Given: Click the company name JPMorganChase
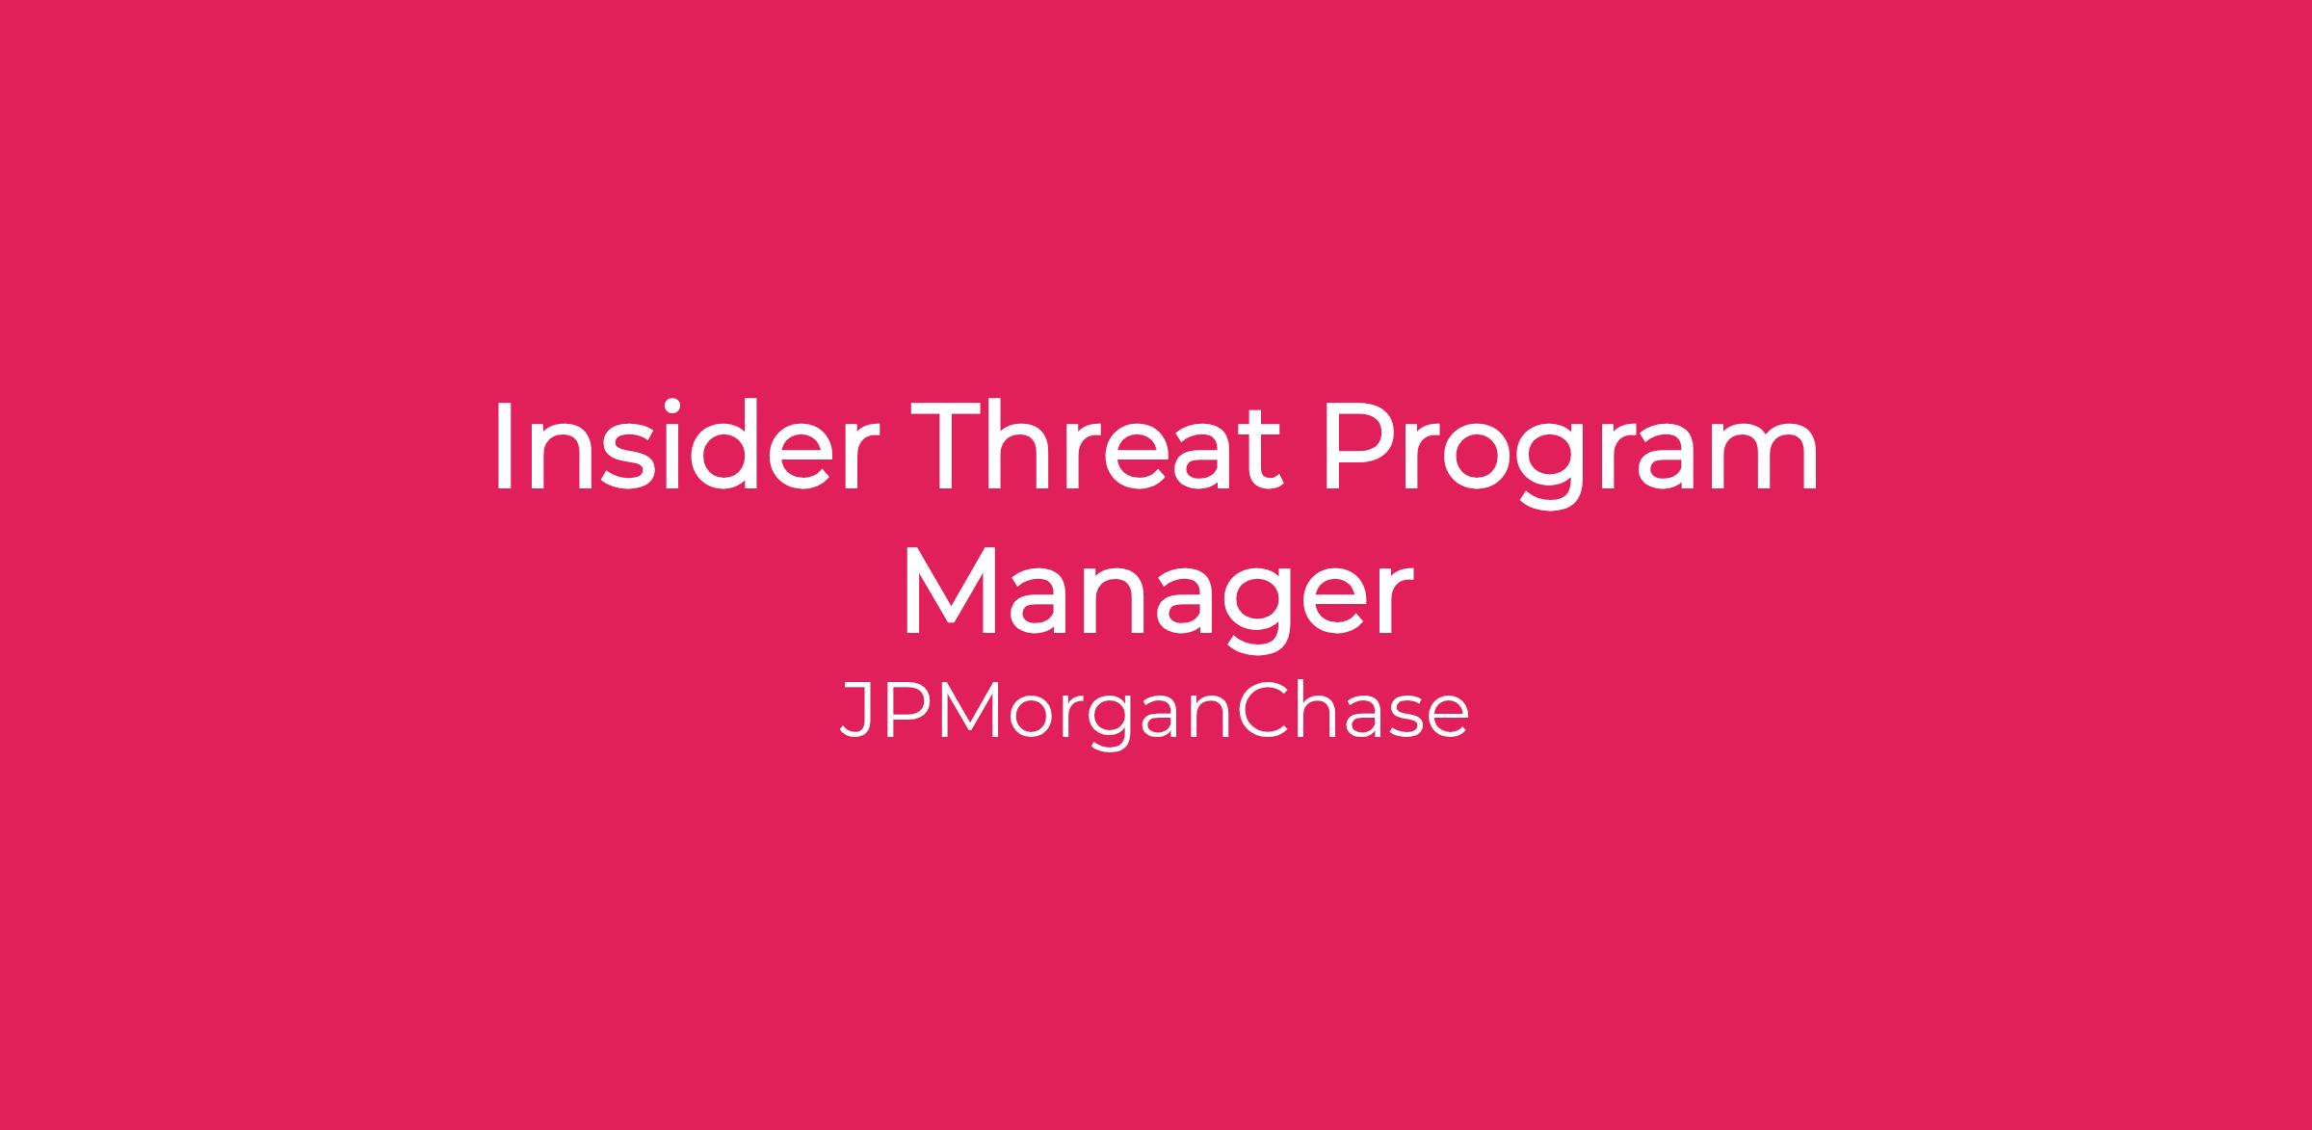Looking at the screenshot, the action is click(1154, 714).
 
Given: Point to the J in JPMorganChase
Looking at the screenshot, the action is click(856, 711).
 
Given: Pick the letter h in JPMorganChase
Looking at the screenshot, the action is click(1316, 710).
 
